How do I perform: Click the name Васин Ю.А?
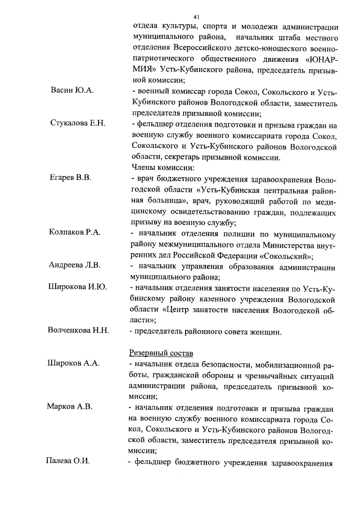(x=72, y=91)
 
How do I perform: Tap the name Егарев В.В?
(x=70, y=178)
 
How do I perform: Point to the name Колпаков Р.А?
(x=75, y=232)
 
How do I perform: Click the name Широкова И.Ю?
(x=78, y=287)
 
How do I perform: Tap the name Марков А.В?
(x=70, y=406)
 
